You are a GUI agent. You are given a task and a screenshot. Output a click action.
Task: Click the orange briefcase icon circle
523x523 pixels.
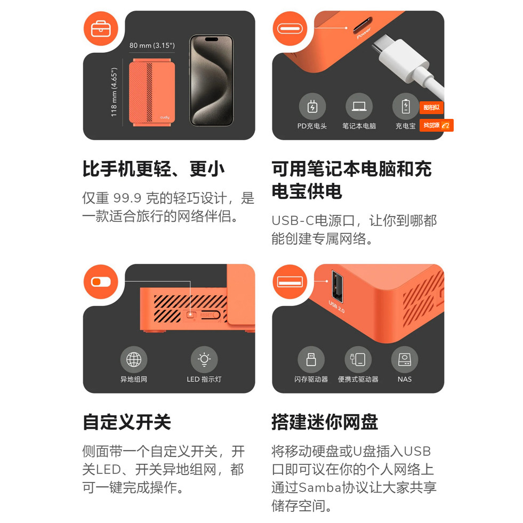coord(101,29)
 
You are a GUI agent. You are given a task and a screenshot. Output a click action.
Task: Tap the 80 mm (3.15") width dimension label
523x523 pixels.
coord(152,45)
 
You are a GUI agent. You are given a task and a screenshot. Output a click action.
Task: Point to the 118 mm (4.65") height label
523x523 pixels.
coord(114,92)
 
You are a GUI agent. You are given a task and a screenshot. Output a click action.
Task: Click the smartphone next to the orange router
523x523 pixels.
coord(212,81)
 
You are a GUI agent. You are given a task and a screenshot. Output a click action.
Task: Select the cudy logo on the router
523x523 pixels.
coord(165,117)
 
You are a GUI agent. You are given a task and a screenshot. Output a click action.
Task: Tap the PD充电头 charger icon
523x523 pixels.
coord(312,107)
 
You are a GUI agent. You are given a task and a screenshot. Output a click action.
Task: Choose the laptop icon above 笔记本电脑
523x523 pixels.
coord(359,107)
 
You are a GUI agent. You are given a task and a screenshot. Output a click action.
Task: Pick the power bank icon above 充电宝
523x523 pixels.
coord(406,107)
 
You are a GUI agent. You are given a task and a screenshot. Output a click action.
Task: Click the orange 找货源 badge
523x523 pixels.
coord(436,125)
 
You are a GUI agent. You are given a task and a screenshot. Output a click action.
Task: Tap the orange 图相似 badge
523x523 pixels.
coord(432,107)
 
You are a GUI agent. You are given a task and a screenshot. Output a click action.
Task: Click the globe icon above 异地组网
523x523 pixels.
coord(134,359)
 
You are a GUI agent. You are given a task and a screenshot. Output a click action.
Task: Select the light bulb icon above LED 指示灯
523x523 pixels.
coord(204,359)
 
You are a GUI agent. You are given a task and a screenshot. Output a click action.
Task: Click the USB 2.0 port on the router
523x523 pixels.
coord(337,287)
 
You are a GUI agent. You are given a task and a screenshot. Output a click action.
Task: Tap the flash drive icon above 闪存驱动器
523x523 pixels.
coord(311,359)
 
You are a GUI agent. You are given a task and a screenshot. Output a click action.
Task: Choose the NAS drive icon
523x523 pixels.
coord(405,359)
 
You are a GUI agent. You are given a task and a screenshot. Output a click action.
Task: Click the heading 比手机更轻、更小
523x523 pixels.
coord(154,169)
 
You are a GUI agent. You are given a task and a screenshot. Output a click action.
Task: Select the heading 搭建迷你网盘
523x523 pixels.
coord(325,422)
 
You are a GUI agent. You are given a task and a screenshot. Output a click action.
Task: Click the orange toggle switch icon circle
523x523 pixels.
coord(101,282)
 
